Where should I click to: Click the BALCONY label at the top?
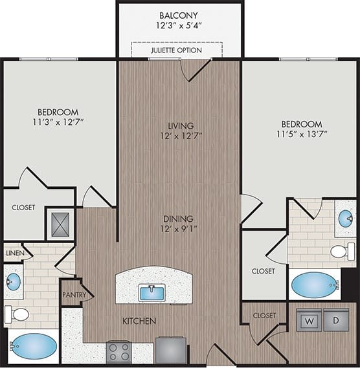tap(179, 14)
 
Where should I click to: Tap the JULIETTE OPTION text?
tap(176, 50)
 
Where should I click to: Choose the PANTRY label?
tap(74, 294)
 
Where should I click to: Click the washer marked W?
tap(310, 320)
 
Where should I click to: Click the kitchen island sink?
tap(152, 293)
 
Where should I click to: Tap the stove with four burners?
tap(119, 352)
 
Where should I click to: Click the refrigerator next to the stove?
tap(171, 351)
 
